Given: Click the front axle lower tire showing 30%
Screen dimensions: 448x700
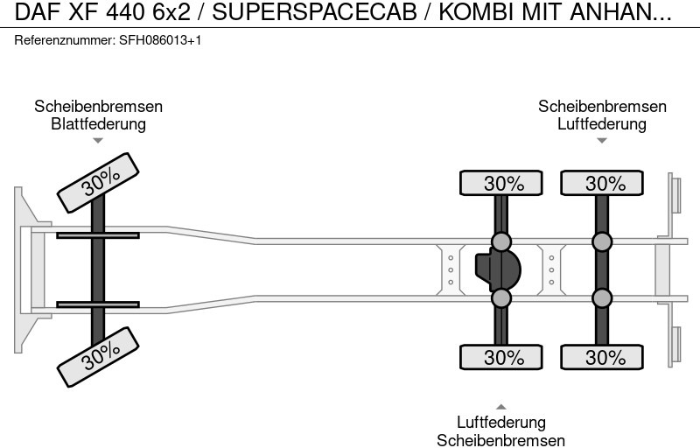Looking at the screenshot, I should click(100, 353).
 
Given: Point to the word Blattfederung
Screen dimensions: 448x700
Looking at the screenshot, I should click(98, 124).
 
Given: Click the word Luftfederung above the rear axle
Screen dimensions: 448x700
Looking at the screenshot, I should click(602, 124).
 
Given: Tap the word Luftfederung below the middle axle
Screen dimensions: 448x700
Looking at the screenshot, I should click(501, 423).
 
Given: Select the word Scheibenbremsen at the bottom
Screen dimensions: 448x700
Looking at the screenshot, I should click(501, 441).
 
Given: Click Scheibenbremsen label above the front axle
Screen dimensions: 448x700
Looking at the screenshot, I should click(98, 107).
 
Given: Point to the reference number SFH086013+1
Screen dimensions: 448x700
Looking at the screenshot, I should click(160, 41).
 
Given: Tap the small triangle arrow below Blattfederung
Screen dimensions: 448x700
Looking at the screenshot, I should click(98, 140).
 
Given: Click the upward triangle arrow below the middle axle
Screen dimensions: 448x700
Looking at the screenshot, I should click(501, 407).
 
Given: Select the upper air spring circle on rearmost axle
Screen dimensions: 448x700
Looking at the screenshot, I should click(602, 241).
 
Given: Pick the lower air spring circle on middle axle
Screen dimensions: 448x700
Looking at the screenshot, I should click(501, 298).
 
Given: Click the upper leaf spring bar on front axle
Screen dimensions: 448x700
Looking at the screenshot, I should click(98, 235).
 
